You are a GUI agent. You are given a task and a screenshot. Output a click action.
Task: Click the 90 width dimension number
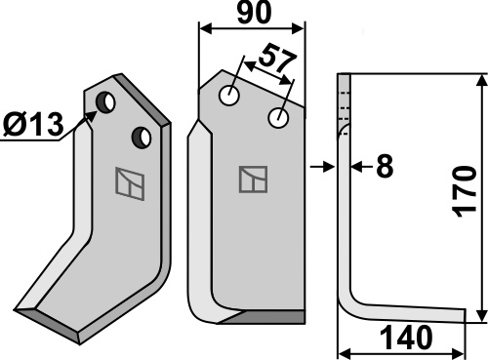click(254, 13)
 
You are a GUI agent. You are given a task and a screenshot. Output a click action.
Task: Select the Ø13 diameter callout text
click(33, 125)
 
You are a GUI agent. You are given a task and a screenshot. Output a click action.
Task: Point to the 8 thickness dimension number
click(385, 167)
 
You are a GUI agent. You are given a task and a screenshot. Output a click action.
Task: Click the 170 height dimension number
click(465, 192)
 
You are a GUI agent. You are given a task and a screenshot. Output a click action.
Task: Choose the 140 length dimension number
click(406, 338)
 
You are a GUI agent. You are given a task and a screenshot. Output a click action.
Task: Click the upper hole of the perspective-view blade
click(105, 102)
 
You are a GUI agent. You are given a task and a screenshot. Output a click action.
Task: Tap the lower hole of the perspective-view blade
click(142, 138)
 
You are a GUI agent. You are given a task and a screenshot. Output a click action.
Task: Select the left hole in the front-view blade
click(229, 96)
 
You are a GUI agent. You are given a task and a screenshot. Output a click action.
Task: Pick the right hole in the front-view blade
click(278, 118)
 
